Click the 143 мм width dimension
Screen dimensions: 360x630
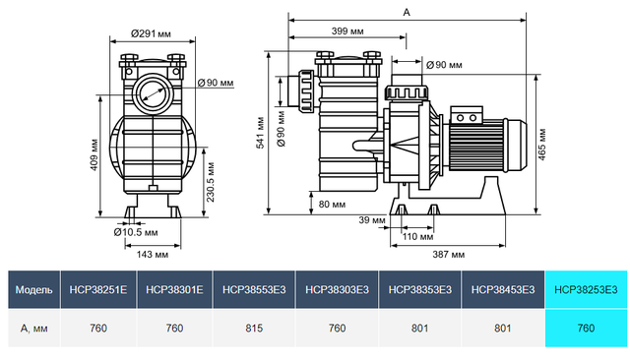(149, 254)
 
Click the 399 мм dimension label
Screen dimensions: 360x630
(346, 31)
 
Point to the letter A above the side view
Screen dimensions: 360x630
(407, 13)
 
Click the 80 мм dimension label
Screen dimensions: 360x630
(332, 205)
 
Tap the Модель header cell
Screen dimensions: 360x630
(33, 289)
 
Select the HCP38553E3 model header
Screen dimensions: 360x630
(255, 289)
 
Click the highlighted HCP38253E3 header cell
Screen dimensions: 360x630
(586, 289)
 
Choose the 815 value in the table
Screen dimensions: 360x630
(255, 327)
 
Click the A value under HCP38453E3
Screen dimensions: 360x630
(503, 327)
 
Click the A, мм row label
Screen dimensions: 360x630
(33, 327)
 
